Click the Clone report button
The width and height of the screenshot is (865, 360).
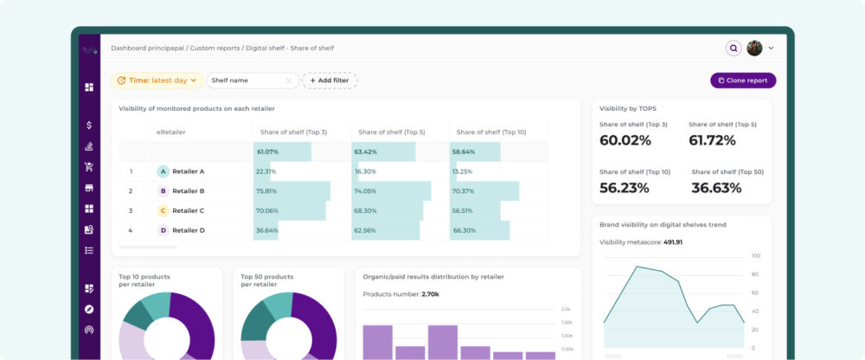pyautogui.click(x=743, y=80)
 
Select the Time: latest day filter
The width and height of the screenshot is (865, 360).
pyautogui.click(x=157, y=80)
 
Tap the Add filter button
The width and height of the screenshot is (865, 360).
pyautogui.click(x=329, y=80)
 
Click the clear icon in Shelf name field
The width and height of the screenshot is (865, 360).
pyautogui.click(x=289, y=80)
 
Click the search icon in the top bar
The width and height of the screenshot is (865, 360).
pyautogui.click(x=734, y=48)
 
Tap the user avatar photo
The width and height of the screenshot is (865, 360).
pyautogui.click(x=754, y=48)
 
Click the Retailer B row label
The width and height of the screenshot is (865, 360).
pyautogui.click(x=188, y=190)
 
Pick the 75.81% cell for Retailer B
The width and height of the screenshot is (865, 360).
pyautogui.click(x=266, y=190)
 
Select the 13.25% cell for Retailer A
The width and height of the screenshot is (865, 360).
pyautogui.click(x=462, y=171)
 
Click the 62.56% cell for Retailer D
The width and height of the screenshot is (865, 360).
pyautogui.click(x=365, y=230)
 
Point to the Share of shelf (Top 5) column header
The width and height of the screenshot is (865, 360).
pyautogui.click(x=391, y=132)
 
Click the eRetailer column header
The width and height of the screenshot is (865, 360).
pyautogui.click(x=170, y=132)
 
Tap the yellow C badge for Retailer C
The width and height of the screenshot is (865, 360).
pyautogui.click(x=163, y=210)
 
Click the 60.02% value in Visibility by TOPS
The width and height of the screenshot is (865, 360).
pyautogui.click(x=625, y=140)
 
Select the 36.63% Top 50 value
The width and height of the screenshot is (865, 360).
pyautogui.click(x=716, y=188)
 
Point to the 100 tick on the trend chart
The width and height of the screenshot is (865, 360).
pyautogui.click(x=756, y=256)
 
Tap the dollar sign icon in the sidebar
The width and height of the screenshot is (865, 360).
pyautogui.click(x=89, y=125)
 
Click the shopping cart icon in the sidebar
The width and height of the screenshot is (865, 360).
pyautogui.click(x=89, y=167)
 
